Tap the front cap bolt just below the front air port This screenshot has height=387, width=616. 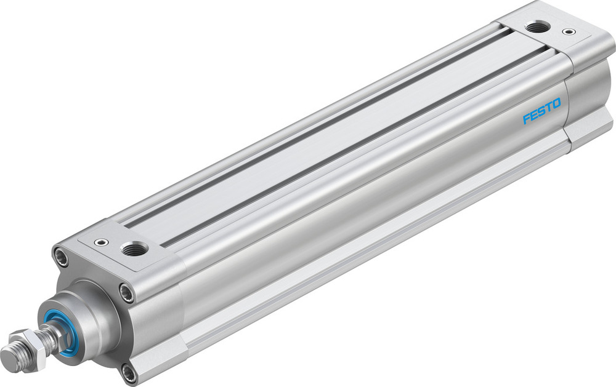pyautogui.click(x=127, y=292)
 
